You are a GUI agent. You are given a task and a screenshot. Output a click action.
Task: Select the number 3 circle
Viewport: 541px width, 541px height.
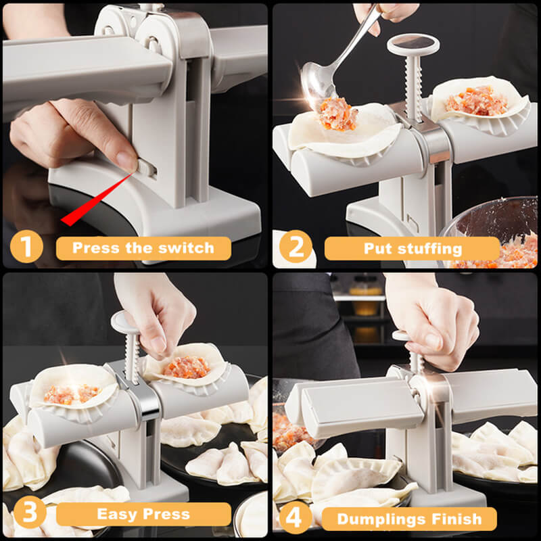25,515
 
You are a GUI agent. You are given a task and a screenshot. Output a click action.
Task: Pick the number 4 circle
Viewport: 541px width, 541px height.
296,519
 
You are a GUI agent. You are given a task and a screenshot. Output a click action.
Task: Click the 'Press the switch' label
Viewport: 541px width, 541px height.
143,248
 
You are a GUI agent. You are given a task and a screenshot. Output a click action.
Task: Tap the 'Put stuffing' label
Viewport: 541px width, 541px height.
413,248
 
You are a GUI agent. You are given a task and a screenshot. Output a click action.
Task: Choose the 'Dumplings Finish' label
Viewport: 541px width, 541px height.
408,519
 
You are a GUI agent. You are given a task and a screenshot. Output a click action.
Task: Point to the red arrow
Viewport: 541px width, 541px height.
95,199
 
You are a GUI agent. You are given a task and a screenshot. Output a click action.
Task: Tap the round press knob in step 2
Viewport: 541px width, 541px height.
413,45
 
